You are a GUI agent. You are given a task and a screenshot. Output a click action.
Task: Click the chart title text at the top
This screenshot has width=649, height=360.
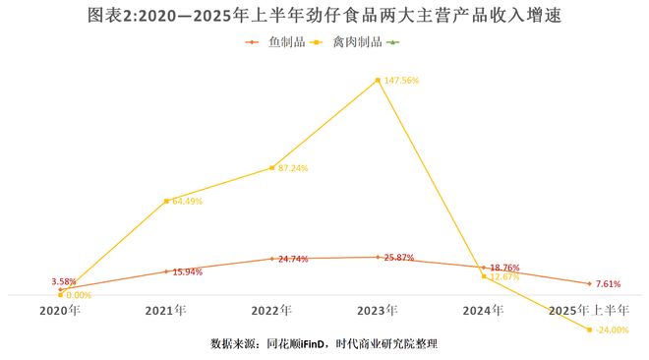point(324,17)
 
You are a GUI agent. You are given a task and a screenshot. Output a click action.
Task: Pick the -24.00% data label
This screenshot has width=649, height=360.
point(612,330)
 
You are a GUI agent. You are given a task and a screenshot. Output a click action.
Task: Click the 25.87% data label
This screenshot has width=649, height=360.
point(400,257)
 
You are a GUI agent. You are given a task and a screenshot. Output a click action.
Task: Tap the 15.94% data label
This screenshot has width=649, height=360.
point(187,271)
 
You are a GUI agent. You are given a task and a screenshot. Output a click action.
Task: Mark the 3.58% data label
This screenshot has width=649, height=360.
point(64,282)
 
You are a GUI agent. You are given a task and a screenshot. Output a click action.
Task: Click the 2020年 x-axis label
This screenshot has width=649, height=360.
point(60,311)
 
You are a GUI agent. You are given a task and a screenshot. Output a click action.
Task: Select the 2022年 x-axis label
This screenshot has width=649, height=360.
point(271,311)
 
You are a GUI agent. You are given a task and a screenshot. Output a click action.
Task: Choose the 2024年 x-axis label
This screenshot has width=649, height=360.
point(483,311)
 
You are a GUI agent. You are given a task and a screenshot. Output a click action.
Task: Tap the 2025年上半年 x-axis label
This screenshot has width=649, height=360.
point(588,311)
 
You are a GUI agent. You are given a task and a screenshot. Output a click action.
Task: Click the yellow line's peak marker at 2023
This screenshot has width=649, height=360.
point(378,81)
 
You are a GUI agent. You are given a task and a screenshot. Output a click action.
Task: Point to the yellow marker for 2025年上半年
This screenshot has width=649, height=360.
point(589,330)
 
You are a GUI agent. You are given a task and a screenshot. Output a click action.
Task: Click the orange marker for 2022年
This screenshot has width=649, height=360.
point(271,259)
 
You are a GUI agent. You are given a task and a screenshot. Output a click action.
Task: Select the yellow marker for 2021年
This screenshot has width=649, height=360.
point(166,201)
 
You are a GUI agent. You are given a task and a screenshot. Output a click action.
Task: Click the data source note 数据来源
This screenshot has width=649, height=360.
point(324,343)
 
